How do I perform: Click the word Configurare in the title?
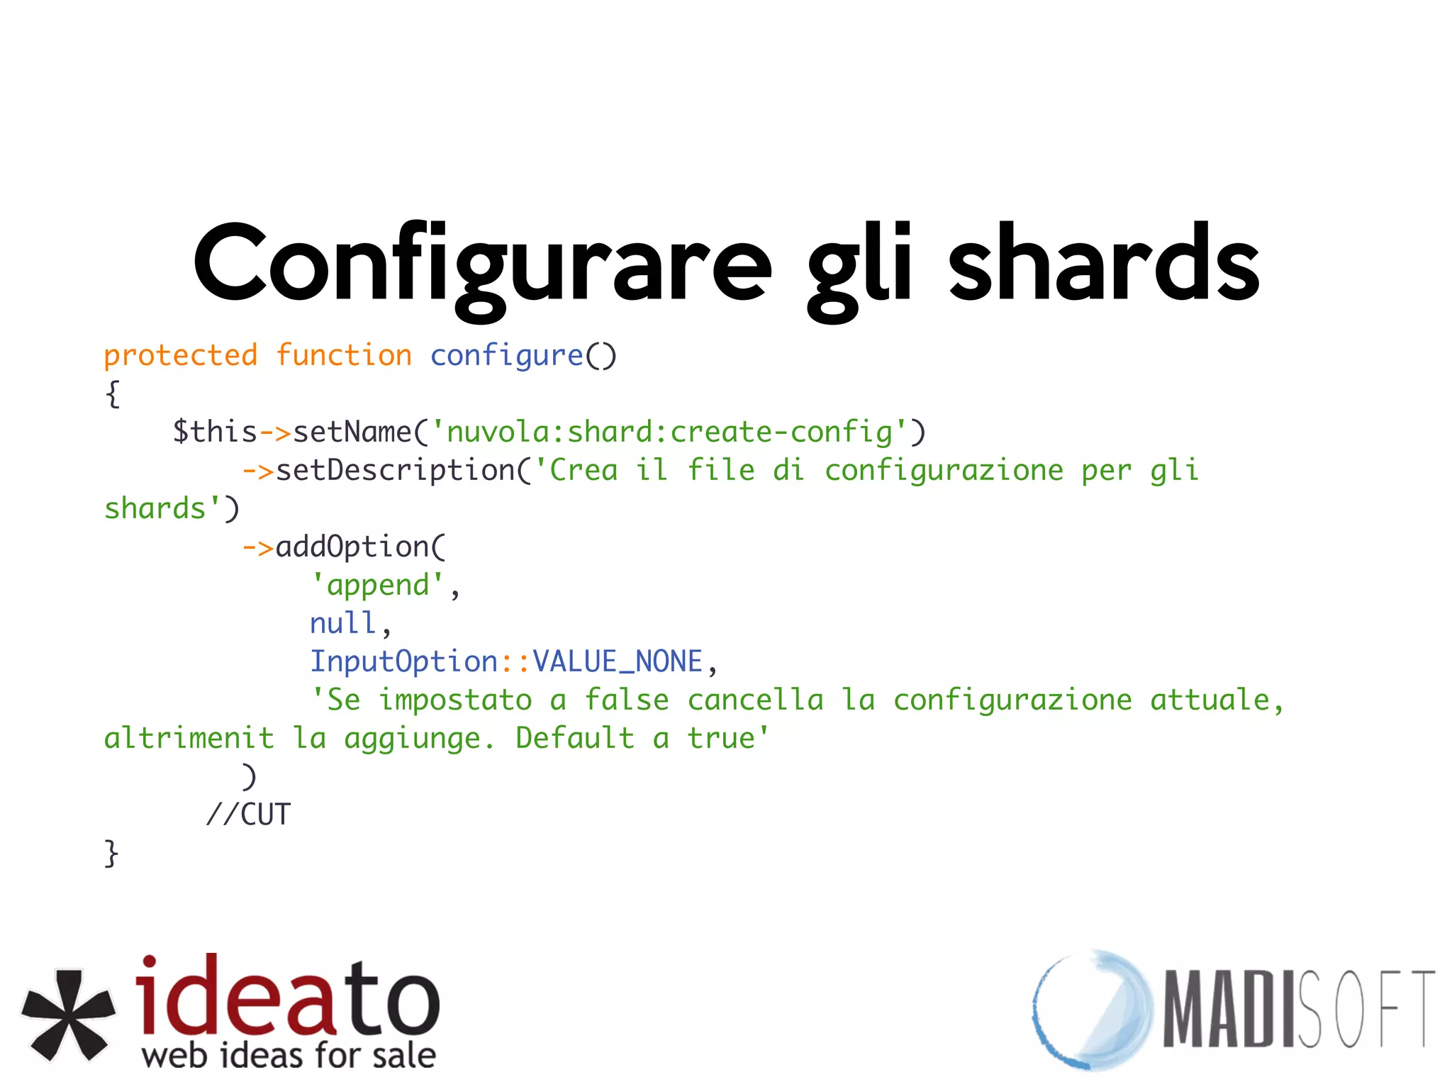pos(482,264)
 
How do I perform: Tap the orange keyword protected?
pos(181,355)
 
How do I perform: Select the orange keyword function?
pos(344,355)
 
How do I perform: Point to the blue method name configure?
pos(506,355)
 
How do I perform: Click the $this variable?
pos(215,432)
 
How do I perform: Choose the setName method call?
pos(352,432)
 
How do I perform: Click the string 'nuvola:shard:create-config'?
pos(669,432)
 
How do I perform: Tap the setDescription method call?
pos(396,470)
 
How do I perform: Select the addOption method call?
pos(352,547)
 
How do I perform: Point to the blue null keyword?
pos(342,623)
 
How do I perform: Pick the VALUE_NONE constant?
pos(617,661)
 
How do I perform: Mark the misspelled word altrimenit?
pos(189,738)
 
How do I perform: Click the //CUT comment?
pos(248,815)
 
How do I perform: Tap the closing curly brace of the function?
pos(111,853)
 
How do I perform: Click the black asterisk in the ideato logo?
pos(69,1015)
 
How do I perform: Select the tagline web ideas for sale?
pos(289,1055)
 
